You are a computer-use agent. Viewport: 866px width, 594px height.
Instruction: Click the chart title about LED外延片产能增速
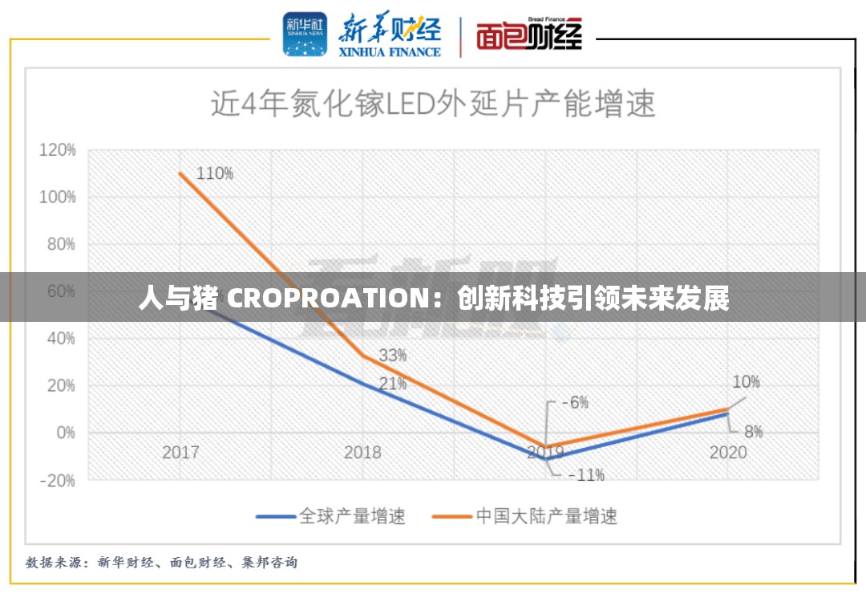(x=433, y=104)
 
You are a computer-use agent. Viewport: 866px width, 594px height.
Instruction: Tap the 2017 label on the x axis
(x=180, y=452)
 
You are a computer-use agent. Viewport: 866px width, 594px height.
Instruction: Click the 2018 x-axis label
(x=362, y=452)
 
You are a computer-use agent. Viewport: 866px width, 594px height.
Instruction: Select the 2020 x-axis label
(x=727, y=452)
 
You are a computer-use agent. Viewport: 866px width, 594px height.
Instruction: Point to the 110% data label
(x=215, y=173)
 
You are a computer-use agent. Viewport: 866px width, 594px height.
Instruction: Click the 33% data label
(x=393, y=355)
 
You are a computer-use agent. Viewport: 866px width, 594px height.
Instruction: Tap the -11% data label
(x=586, y=474)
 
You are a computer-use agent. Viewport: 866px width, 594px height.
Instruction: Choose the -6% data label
(x=574, y=402)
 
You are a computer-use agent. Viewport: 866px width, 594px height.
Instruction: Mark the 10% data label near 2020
(x=746, y=382)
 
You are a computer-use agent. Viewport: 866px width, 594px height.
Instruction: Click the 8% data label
(x=754, y=432)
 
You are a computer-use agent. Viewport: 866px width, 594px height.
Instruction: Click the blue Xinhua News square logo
(x=304, y=34)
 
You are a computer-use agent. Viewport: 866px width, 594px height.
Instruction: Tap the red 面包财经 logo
(x=528, y=35)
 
